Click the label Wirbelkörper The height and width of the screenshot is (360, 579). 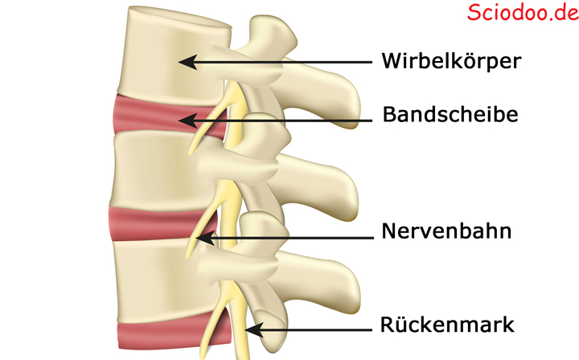451,61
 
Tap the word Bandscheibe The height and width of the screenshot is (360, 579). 450,114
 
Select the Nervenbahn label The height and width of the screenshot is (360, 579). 446,231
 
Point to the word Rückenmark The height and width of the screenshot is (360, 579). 447,325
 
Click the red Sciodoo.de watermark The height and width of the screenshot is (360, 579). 523,12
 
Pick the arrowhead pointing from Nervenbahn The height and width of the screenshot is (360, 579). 205,239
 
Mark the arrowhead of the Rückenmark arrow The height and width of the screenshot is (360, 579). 254,329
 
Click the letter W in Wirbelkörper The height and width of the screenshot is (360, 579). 392,61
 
